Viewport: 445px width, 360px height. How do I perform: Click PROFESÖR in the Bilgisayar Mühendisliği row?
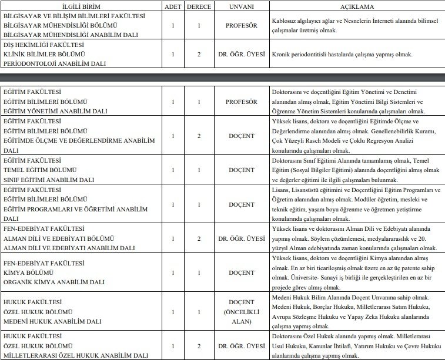[x=241, y=26]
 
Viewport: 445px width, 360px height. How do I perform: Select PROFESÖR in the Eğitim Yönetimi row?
[x=241, y=102]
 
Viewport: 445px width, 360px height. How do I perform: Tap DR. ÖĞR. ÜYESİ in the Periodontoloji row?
[x=241, y=55]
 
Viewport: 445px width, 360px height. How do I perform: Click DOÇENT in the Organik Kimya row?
[x=241, y=272]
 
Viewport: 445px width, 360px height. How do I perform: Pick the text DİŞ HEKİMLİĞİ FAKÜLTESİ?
[x=45, y=44]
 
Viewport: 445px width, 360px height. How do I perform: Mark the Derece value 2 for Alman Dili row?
[x=199, y=238]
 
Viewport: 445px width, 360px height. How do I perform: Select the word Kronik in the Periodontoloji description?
[x=282, y=55]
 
